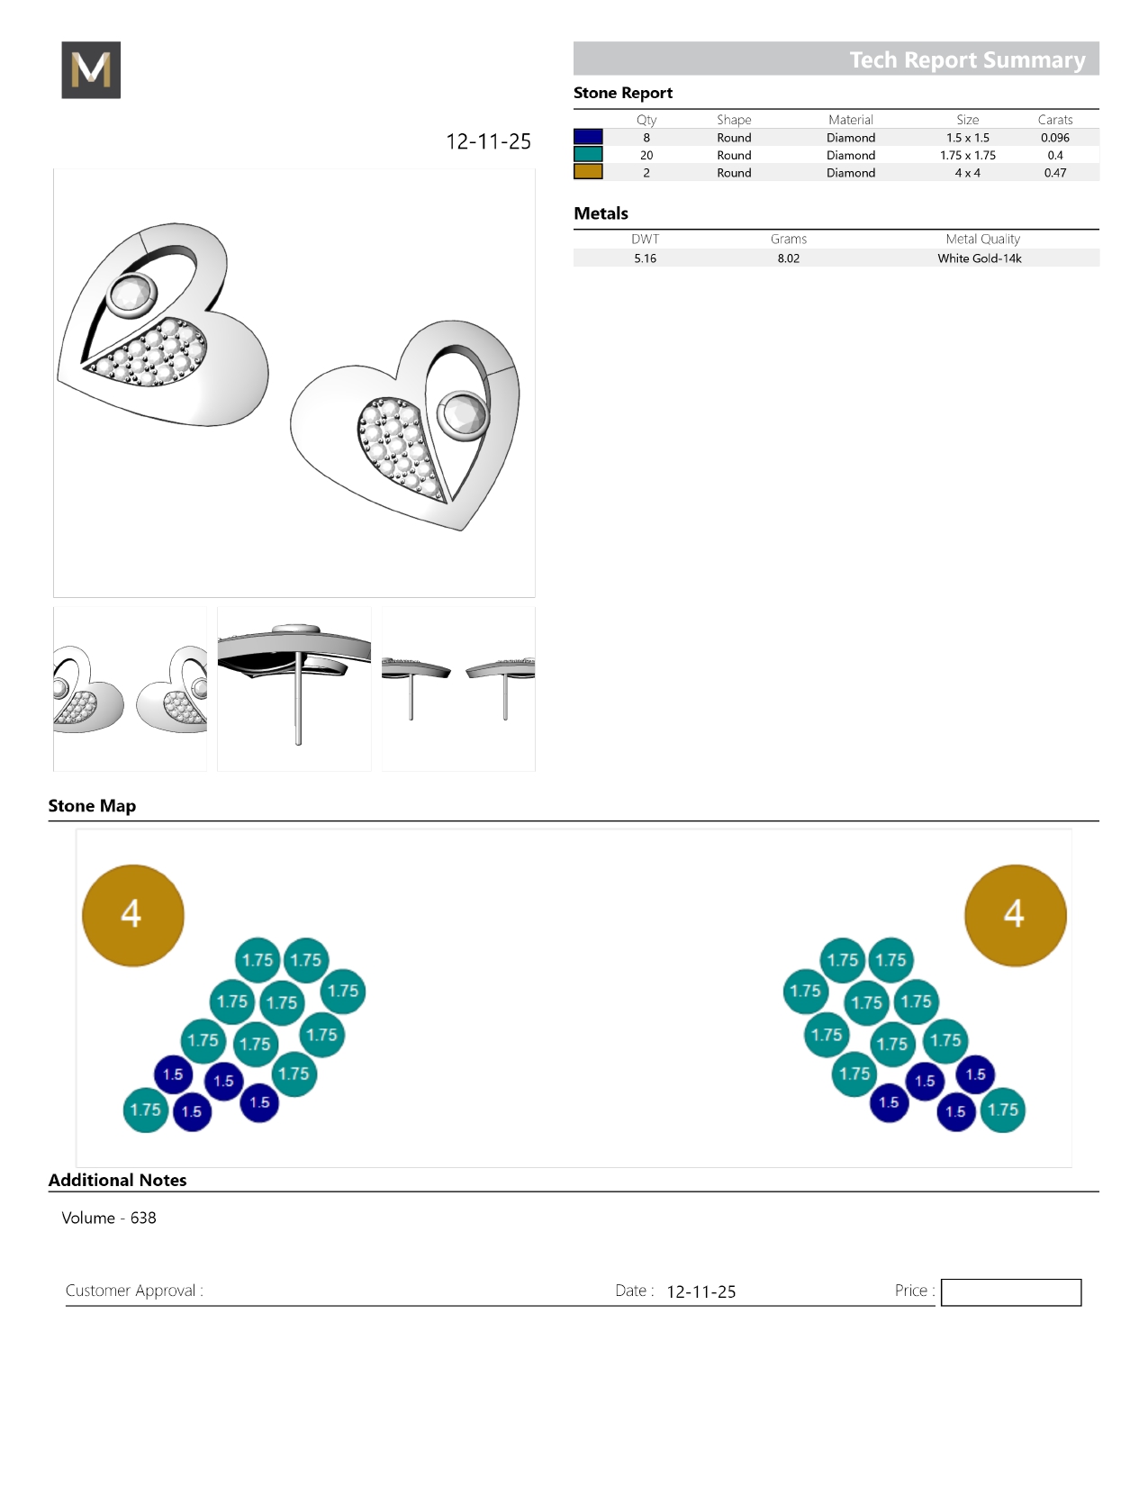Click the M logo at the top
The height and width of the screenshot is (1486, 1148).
[91, 69]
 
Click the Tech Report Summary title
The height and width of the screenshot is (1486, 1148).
[967, 59]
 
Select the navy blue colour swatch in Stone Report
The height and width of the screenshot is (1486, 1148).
[588, 137]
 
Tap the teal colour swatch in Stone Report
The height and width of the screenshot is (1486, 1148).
[588, 155]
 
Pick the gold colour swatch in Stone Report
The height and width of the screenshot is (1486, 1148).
[588, 172]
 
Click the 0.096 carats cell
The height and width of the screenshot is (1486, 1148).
[1054, 138]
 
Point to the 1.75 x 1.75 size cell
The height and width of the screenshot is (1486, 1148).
[967, 155]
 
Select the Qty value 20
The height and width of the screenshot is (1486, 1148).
[646, 155]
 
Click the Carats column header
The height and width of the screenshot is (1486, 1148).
[1054, 120]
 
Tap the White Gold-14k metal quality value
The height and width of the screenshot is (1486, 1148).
[979, 258]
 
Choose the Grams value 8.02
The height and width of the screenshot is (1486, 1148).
[788, 258]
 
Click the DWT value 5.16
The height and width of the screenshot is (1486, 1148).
[645, 258]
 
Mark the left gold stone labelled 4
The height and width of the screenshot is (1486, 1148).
[132, 915]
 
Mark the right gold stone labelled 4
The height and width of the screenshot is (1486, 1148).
[1015, 915]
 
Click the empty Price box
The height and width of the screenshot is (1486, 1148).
[1010, 1291]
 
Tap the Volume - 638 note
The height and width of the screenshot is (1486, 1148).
[109, 1218]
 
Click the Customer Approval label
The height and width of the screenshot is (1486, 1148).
[134, 1291]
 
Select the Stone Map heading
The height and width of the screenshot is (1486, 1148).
[92, 805]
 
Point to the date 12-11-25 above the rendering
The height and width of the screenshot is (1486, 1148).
[488, 141]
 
